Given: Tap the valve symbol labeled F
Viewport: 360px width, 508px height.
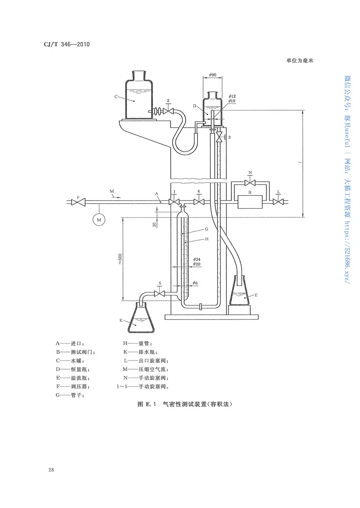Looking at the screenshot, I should pyautogui.click(x=80, y=203).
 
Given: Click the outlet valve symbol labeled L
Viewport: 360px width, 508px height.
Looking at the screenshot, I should pyautogui.click(x=279, y=203).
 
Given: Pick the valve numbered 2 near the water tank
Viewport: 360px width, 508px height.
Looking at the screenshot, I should pyautogui.click(x=168, y=111).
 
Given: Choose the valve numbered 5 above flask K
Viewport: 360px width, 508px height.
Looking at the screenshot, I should pyautogui.click(x=160, y=294).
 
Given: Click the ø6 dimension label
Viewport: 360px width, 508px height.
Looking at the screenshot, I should pyautogui.click(x=195, y=283).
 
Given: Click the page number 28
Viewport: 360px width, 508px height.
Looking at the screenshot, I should pyautogui.click(x=51, y=470).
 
